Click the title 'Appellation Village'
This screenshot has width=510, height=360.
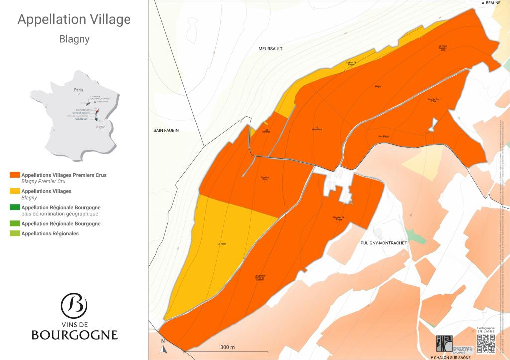(74, 19)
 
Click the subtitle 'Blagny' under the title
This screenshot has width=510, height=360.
(74, 39)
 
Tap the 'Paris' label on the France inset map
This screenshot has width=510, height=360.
(78, 90)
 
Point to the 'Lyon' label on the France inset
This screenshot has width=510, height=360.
(102, 127)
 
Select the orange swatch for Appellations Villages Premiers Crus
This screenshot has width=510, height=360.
(15, 175)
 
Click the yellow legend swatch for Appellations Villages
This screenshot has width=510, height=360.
(15, 191)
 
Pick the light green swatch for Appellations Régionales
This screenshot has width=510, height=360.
(15, 233)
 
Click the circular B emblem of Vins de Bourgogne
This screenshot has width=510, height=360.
(74, 304)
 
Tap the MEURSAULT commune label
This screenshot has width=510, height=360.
(270, 49)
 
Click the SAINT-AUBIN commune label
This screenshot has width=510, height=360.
(166, 130)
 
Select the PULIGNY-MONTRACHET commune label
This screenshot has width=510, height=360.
(383, 243)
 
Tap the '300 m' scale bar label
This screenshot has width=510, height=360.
(228, 347)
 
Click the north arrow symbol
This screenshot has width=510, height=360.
(163, 347)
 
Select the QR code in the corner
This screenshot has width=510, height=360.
(486, 343)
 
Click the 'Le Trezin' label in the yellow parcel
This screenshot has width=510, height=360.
(222, 244)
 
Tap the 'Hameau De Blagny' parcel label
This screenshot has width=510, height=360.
(339, 218)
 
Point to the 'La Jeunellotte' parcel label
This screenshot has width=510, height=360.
(317, 129)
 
